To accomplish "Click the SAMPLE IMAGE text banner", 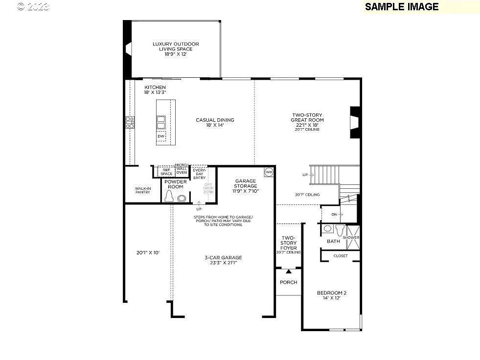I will click(x=401, y=6).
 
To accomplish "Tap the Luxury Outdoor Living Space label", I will click(x=175, y=49).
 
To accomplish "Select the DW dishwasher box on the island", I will click(x=160, y=136).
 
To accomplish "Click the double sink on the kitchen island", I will click(x=160, y=122).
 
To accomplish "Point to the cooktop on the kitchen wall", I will click(x=130, y=122).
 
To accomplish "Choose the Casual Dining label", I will click(x=215, y=123).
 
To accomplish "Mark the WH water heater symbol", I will click(x=269, y=172).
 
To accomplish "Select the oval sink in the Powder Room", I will click(x=182, y=199).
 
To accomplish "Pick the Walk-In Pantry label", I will click(x=142, y=190).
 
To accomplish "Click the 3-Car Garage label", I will click(x=223, y=260).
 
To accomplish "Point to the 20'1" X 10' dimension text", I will click(x=148, y=253).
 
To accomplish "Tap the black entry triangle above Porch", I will click(x=288, y=271).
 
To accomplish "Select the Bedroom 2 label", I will click(x=331, y=295).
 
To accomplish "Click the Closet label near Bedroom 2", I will click(x=341, y=256).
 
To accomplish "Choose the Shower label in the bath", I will click(x=351, y=238).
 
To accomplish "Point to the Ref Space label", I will click(x=166, y=172).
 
